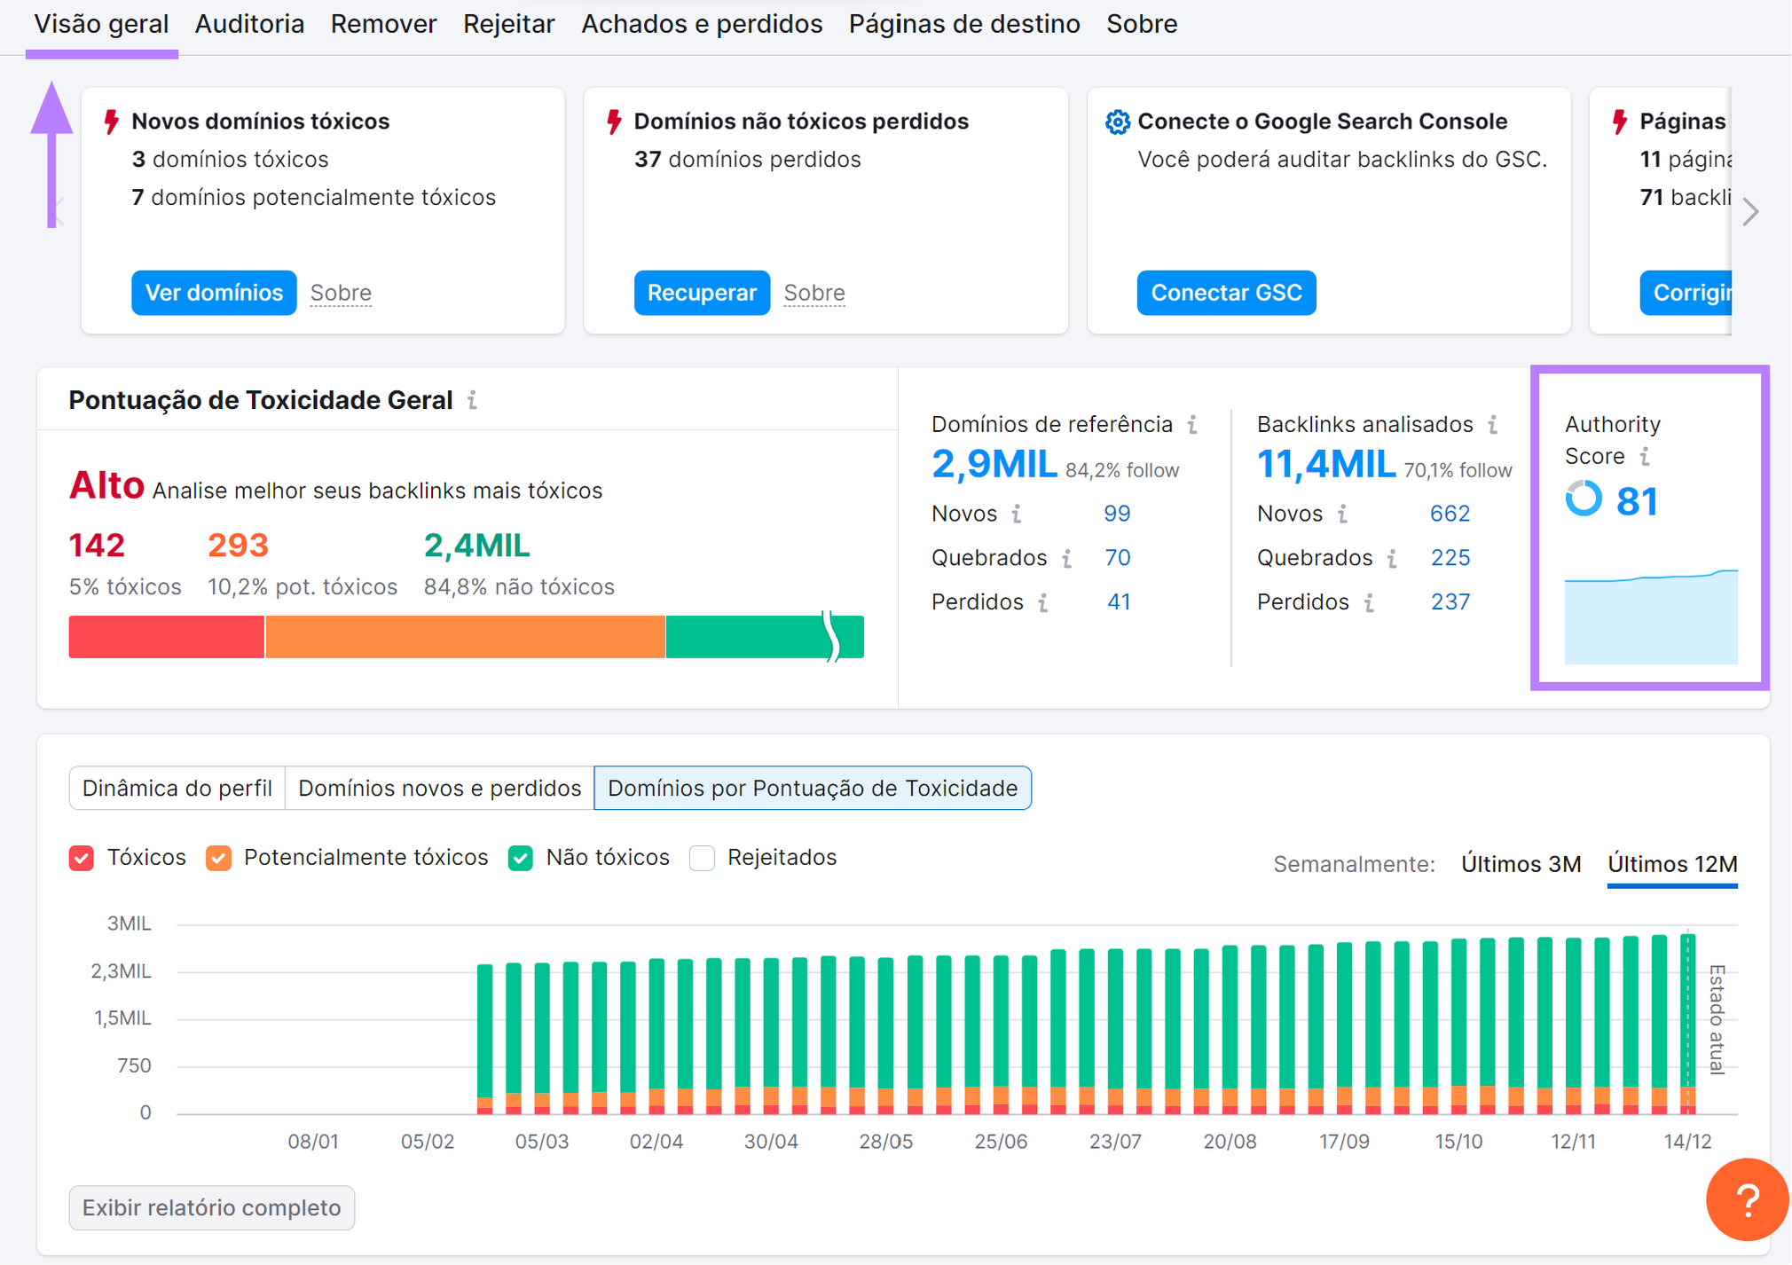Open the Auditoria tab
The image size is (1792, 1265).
(249, 24)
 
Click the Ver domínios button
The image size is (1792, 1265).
(214, 293)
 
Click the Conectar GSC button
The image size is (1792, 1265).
(1226, 293)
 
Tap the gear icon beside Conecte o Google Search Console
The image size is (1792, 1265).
(1117, 122)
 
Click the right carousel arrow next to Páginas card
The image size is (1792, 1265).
(1750, 211)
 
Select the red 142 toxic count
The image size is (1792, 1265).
(97, 545)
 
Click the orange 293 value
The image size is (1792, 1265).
(238, 545)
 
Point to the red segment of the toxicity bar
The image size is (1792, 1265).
(166, 637)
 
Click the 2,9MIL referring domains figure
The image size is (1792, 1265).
(994, 464)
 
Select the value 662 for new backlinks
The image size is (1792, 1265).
(1450, 514)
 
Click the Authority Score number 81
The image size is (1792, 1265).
(1637, 501)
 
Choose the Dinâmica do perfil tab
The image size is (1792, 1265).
(177, 788)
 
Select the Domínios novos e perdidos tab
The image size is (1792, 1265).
(439, 788)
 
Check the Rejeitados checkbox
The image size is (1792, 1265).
(703, 858)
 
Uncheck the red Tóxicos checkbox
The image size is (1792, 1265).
(82, 858)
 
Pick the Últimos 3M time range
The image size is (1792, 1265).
(1521, 864)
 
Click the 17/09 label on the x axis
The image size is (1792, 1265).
(1343, 1142)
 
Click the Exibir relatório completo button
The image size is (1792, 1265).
(211, 1207)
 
